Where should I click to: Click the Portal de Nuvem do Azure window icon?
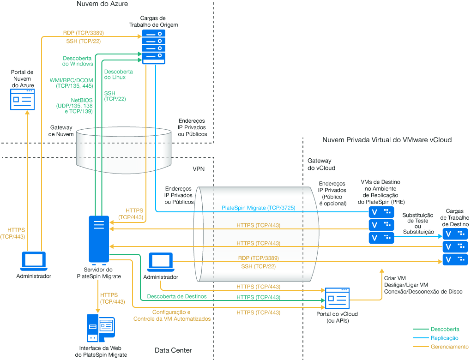coord(22,99)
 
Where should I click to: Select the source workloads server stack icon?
coord(153,47)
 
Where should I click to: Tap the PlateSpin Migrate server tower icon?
coord(99,239)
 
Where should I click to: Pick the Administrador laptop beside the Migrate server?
coord(160,262)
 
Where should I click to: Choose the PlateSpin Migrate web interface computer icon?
coord(101,328)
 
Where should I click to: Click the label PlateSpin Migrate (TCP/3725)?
coord(259,208)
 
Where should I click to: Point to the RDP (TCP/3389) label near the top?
coord(83,33)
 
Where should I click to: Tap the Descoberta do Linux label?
coord(119,74)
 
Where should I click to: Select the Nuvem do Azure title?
coord(102,4)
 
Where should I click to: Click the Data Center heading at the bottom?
coord(173,351)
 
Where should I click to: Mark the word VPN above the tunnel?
coord(199,169)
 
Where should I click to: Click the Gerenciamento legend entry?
coord(449,347)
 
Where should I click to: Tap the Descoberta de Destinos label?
coord(177,296)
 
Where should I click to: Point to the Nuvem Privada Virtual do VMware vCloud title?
coord(387,139)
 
